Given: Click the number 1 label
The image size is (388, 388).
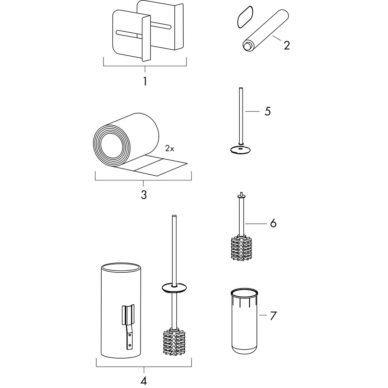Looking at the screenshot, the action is [x=145, y=82].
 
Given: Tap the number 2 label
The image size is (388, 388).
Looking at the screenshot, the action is [x=287, y=45].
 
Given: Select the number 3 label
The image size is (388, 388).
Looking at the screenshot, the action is [x=144, y=195].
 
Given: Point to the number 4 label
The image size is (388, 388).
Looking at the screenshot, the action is [x=144, y=380].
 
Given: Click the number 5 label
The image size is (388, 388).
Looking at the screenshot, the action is [x=268, y=111].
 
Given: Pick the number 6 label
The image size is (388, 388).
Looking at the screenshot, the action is [x=273, y=223].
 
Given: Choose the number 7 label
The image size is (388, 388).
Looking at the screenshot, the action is [x=273, y=316].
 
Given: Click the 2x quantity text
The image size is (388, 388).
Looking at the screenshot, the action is [x=170, y=148].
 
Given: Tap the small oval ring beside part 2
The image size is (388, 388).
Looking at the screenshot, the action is [x=245, y=17].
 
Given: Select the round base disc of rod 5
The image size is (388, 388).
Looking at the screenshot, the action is [x=240, y=149].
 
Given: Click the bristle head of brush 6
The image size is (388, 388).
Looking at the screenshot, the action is [x=241, y=249].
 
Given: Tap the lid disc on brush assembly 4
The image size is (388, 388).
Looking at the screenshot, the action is [x=174, y=288].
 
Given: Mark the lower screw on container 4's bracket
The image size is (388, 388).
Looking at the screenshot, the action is [x=129, y=345].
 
